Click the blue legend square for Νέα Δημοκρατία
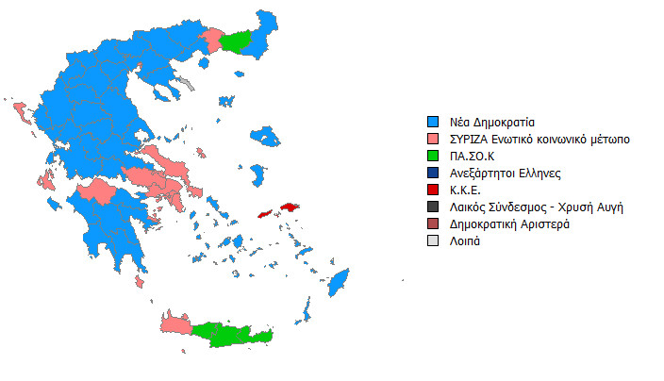pyautogui.click(x=433, y=123)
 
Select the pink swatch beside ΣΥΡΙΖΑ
pyautogui.click(x=433, y=140)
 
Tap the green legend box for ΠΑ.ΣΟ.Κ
pyautogui.click(x=433, y=157)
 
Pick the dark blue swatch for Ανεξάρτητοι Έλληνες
pyautogui.click(x=433, y=174)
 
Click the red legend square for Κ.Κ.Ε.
pyautogui.click(x=433, y=190)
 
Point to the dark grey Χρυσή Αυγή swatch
pyautogui.click(x=433, y=207)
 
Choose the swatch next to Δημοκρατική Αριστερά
pyautogui.click(x=433, y=224)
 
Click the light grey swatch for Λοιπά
pyautogui.click(x=433, y=241)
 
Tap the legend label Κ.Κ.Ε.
pyautogui.click(x=468, y=190)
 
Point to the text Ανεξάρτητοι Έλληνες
pyautogui.click(x=507, y=174)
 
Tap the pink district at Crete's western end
pyautogui.click(x=176, y=323)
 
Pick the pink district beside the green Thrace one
pyautogui.click(x=213, y=40)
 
